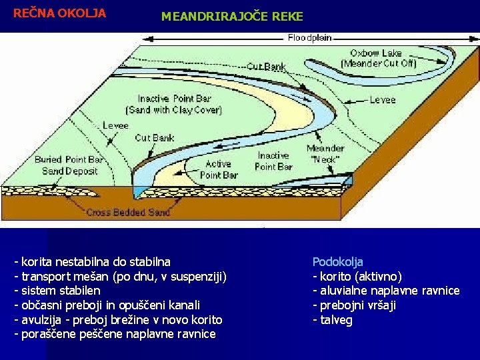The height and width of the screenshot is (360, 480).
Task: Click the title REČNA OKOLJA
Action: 59,13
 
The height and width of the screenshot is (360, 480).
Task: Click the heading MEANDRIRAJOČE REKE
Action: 232,17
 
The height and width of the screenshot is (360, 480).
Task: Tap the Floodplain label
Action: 309,38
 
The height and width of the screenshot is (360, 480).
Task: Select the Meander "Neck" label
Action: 325,154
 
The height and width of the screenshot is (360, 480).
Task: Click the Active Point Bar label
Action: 219,169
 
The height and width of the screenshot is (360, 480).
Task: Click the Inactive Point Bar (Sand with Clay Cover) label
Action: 173,105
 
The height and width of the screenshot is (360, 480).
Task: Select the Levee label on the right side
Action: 382,100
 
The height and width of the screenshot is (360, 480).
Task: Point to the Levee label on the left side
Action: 115,125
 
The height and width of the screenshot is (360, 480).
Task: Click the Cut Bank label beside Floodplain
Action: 266,67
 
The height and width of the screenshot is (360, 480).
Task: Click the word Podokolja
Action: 337,262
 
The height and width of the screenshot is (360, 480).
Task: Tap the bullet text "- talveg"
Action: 333,320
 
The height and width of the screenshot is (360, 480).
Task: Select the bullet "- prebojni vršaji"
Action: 354,305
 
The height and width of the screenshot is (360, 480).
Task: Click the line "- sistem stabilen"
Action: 57,291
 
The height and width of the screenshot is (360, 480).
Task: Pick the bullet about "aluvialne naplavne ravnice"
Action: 386,291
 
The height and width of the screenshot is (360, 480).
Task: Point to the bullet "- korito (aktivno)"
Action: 357,277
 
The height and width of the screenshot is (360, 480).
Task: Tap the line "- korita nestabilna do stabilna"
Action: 92,262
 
